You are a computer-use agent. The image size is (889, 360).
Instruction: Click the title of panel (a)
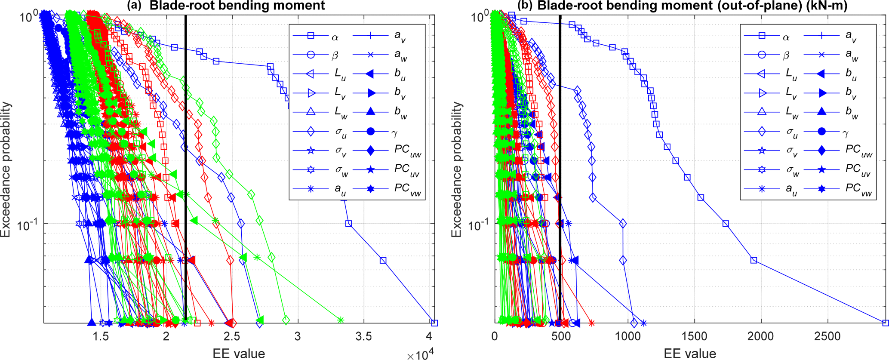(x=225, y=6)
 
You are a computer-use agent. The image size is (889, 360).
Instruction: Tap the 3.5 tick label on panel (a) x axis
(x=364, y=336)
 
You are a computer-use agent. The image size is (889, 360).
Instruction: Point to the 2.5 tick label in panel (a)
(x=232, y=336)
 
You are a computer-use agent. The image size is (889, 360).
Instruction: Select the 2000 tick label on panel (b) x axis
(x=760, y=336)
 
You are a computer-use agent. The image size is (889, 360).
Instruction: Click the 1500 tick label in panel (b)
(x=694, y=336)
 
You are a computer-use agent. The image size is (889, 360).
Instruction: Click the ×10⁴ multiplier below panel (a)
(x=420, y=354)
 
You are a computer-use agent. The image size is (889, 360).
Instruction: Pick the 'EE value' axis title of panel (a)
(x=239, y=354)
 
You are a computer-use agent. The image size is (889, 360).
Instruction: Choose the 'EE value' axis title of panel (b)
(x=690, y=354)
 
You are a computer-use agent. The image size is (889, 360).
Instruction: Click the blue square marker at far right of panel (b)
(x=885, y=323)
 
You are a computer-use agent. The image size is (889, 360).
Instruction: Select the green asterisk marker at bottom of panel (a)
(x=341, y=320)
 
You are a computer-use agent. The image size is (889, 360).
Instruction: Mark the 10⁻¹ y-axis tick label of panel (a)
(x=28, y=225)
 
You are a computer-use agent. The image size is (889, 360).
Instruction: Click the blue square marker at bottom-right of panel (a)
(x=434, y=323)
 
